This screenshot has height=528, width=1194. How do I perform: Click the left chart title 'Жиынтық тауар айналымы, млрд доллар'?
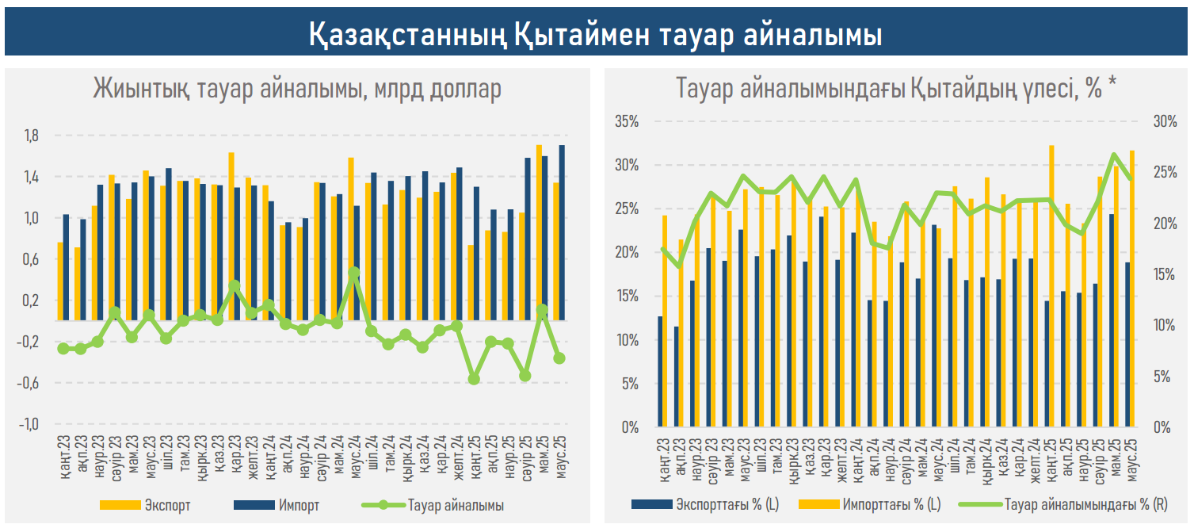coord(297,88)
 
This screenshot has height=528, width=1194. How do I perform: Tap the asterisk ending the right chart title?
coord(1113,86)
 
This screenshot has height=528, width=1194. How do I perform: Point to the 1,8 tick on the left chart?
coord(32,136)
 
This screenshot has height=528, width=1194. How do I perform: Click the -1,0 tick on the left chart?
coord(29,424)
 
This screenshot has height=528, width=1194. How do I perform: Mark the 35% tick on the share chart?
coord(627,122)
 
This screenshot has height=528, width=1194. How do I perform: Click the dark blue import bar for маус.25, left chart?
coord(562,232)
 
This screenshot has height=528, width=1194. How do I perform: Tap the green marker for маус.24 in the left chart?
coord(354,273)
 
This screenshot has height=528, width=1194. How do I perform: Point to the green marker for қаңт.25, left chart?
coord(474,379)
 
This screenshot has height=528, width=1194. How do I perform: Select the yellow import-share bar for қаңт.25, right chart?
coord(1051,286)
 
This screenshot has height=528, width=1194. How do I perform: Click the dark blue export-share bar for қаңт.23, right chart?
coord(660,372)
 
